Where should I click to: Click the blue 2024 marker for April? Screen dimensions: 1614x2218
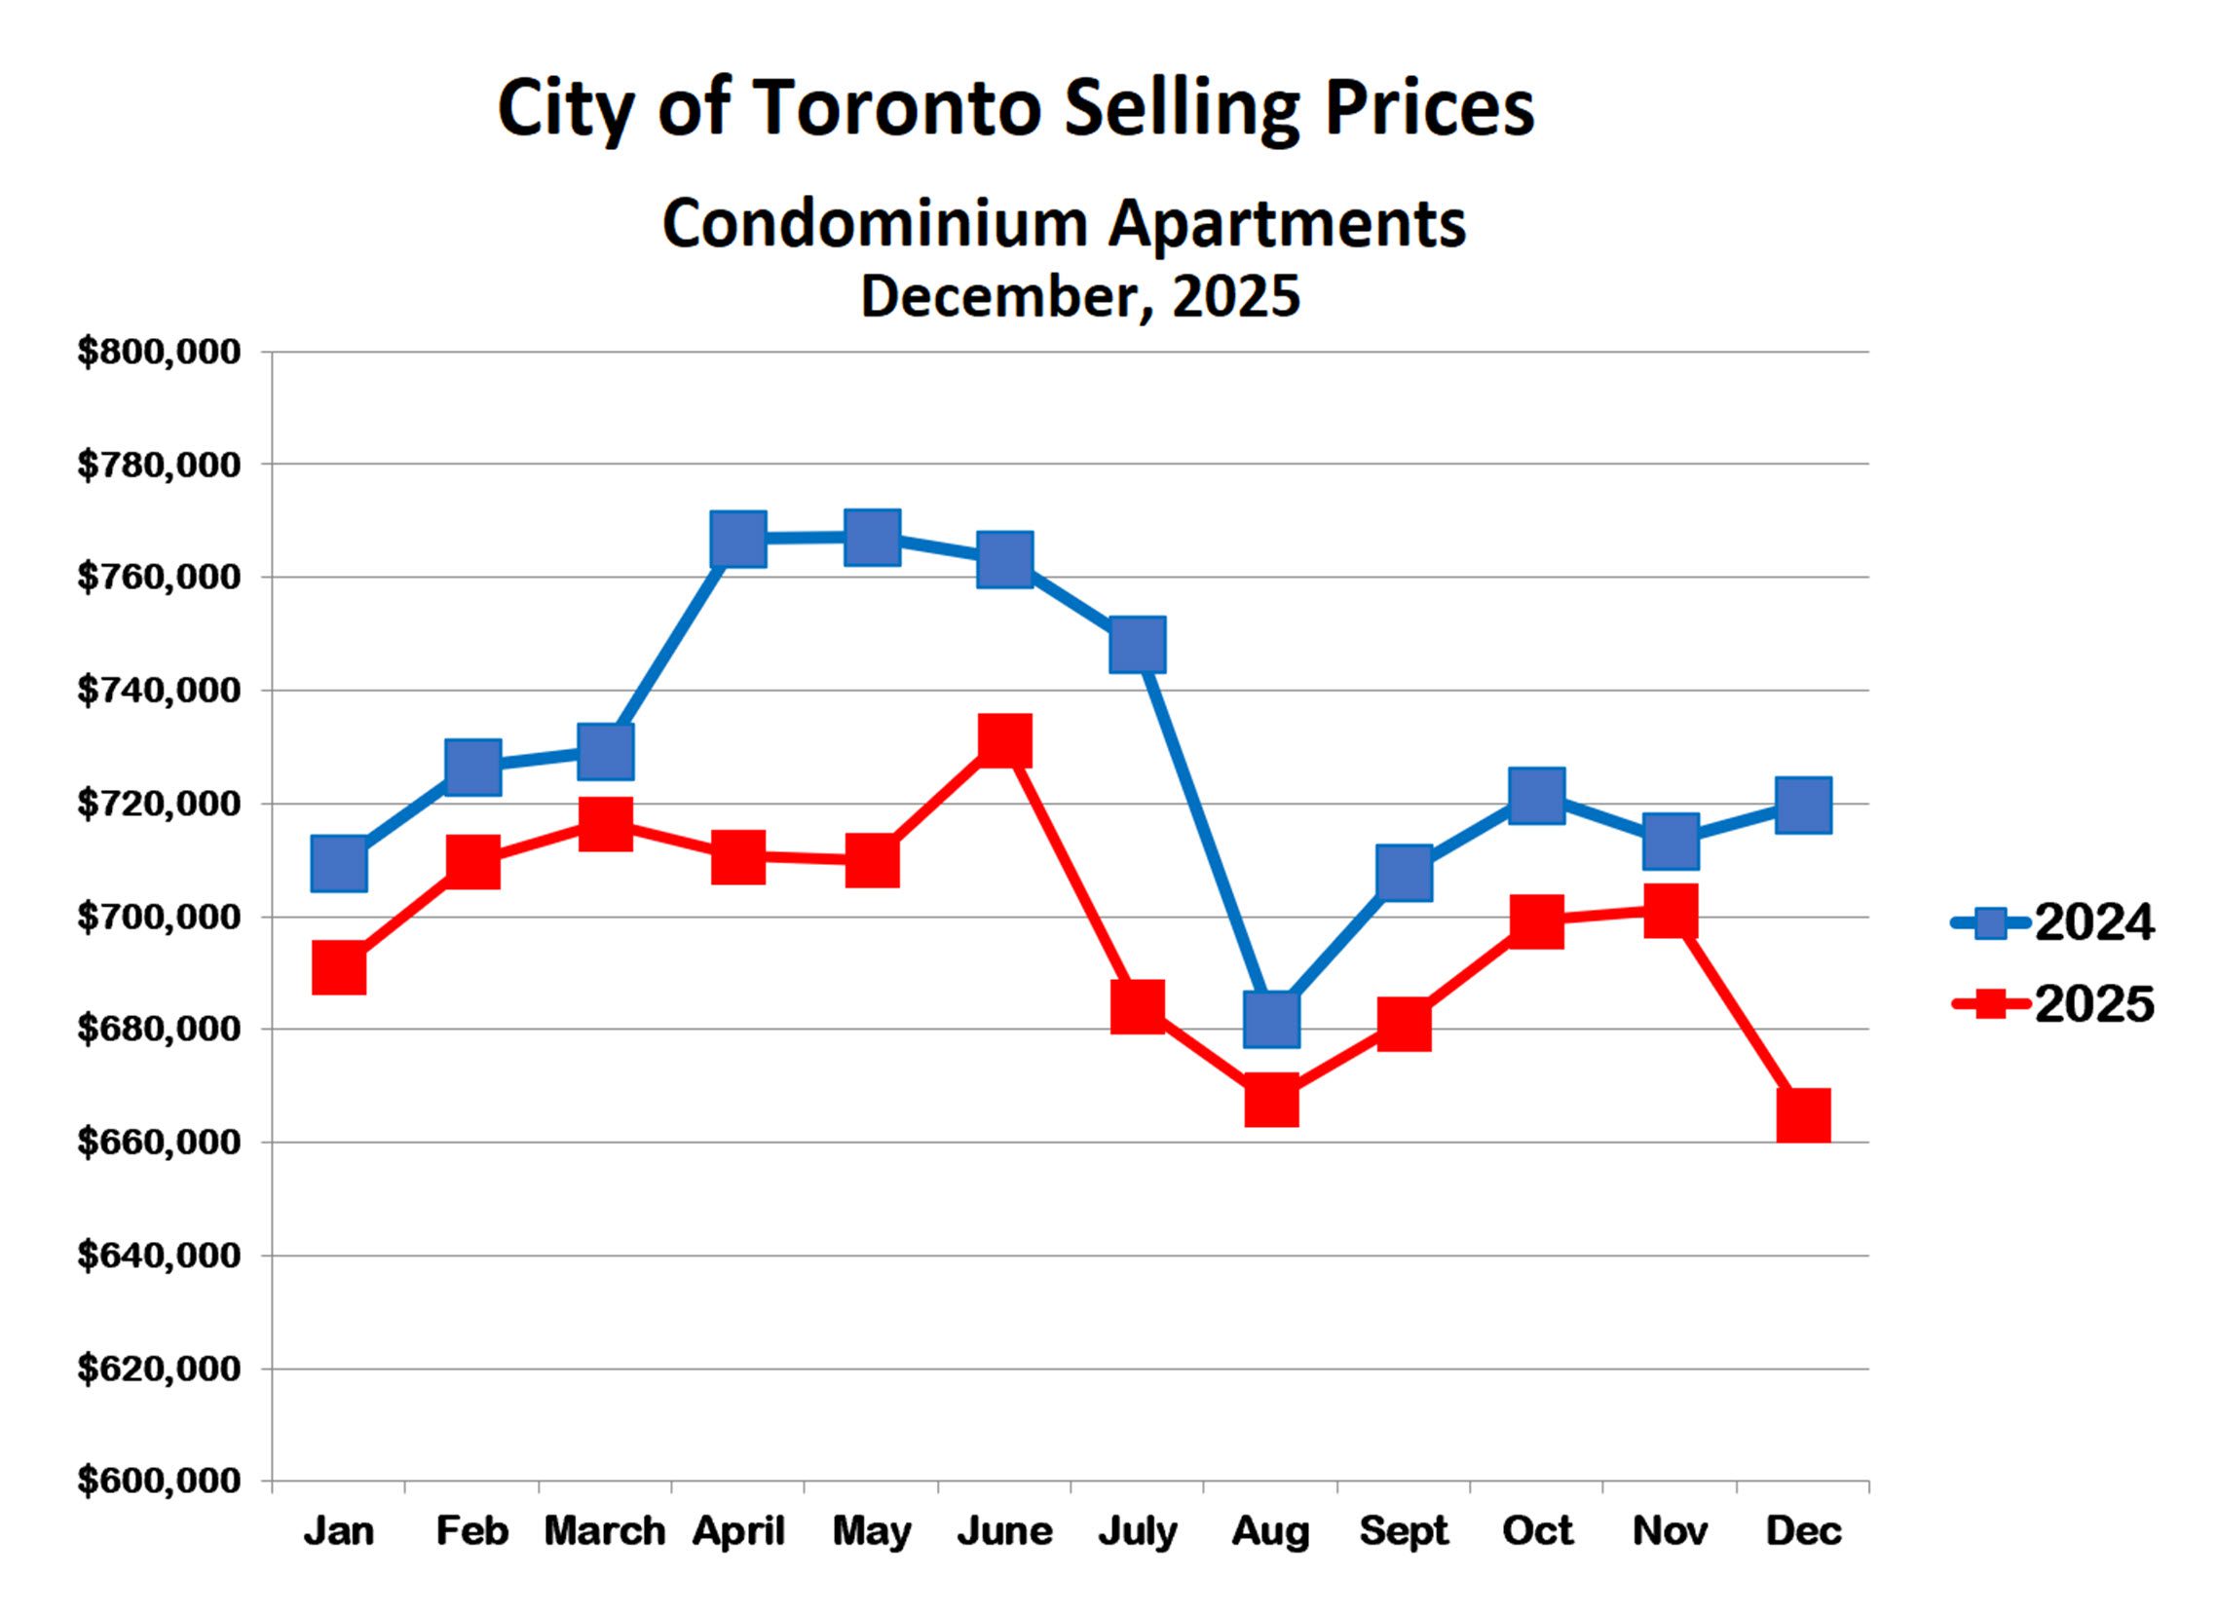738,538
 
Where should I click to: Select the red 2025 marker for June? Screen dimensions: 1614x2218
1004,740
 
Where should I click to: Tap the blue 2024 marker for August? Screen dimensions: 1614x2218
1271,1019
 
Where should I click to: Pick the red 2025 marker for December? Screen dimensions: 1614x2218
1803,1116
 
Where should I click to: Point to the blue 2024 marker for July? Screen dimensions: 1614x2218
1138,645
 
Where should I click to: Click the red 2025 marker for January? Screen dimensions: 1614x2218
339,968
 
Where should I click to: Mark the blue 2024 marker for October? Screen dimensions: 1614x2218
1536,795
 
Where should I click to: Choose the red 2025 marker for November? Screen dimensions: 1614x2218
1671,912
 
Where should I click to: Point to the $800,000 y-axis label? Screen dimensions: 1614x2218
159,353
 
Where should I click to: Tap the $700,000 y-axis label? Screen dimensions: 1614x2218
159,918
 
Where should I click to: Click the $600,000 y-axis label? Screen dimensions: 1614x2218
159,1481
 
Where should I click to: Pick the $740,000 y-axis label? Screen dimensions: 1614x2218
159,691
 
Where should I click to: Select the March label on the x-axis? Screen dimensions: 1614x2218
604,1532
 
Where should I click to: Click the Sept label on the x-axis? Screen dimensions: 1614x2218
1404,1532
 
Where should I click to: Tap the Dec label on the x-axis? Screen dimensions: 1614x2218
1803,1532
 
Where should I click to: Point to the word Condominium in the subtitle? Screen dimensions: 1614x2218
875,224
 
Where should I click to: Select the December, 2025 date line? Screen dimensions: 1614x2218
1079,295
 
